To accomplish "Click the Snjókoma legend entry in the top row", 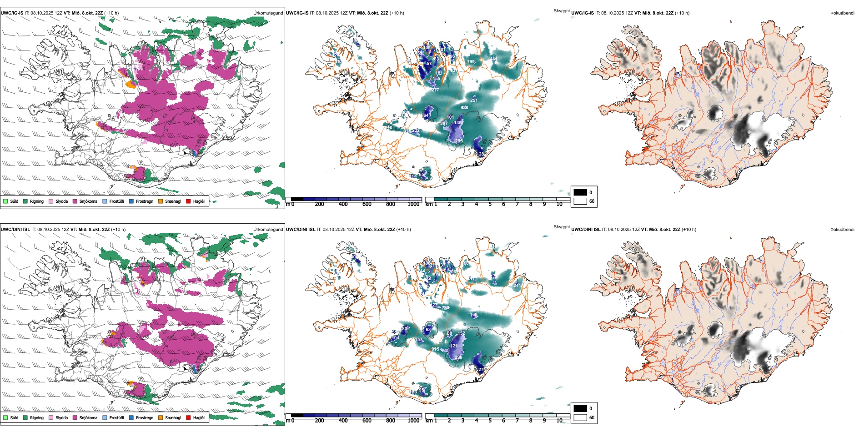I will pyautogui.click(x=88, y=201).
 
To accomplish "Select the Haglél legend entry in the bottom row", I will pyautogui.click(x=199, y=417).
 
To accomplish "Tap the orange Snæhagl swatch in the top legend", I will pyautogui.click(x=161, y=201).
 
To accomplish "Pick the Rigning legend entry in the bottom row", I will pyautogui.click(x=36, y=417).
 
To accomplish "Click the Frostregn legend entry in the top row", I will pyautogui.click(x=144, y=201).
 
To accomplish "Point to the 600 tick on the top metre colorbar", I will pyautogui.click(x=367, y=204).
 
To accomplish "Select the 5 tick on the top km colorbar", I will pyautogui.click(x=490, y=204).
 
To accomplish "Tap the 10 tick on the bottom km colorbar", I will pyautogui.click(x=559, y=420).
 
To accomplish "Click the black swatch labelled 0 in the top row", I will pyautogui.click(x=580, y=192).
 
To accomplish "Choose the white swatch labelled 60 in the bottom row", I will pyautogui.click(x=580, y=417).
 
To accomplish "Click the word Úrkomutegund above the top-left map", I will pyautogui.click(x=268, y=13).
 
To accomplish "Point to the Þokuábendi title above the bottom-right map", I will pyautogui.click(x=842, y=229).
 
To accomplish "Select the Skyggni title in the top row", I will pyautogui.click(x=561, y=10).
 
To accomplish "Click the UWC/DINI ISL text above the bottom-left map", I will pyautogui.click(x=15, y=229).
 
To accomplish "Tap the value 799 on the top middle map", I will pyautogui.click(x=471, y=62).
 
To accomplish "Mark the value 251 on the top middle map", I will pyautogui.click(x=474, y=100).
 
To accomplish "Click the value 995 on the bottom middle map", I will pyautogui.click(x=436, y=349).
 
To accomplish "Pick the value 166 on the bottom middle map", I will pyautogui.click(x=474, y=315).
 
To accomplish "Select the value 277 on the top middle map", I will pyautogui.click(x=435, y=90).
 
